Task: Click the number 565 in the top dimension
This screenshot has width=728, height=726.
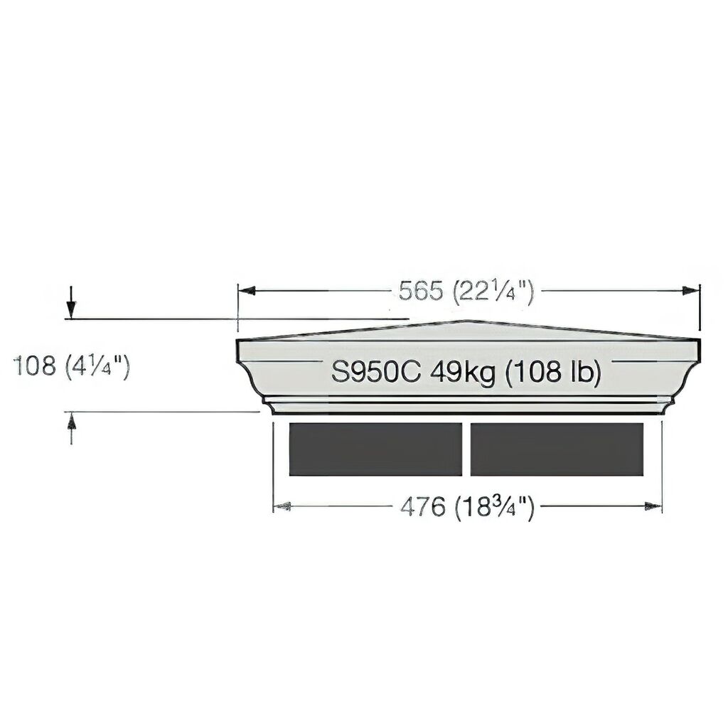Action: click(x=421, y=292)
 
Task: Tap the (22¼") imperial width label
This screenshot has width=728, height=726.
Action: click(x=493, y=292)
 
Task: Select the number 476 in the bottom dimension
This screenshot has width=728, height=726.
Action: click(x=422, y=506)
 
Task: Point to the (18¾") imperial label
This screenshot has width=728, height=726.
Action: click(x=495, y=507)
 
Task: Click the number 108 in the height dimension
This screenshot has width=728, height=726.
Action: click(x=34, y=365)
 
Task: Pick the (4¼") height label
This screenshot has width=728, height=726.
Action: click(x=97, y=366)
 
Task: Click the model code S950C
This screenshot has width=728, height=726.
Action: click(x=375, y=372)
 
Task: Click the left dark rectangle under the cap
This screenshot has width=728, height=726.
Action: click(x=375, y=449)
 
